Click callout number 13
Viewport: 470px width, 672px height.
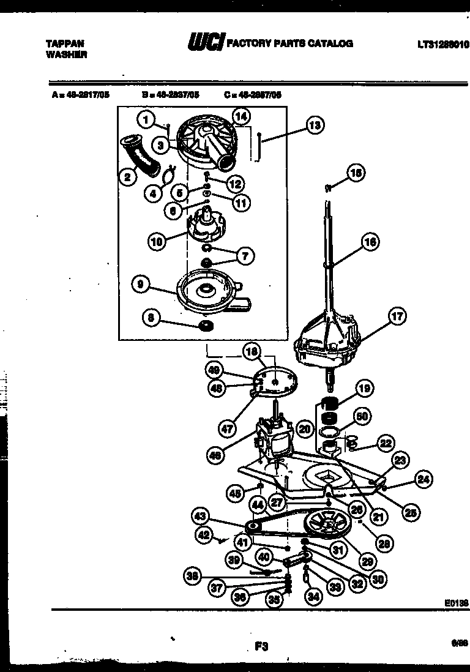tap(314, 126)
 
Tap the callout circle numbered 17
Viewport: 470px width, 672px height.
tap(397, 316)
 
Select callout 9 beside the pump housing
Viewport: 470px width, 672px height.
tap(141, 283)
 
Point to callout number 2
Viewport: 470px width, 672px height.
tap(127, 177)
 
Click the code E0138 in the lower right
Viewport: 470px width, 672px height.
tap(455, 603)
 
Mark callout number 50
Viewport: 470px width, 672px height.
tap(362, 417)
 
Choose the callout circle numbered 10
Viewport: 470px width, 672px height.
tap(157, 241)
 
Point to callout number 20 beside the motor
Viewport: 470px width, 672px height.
tap(304, 430)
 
